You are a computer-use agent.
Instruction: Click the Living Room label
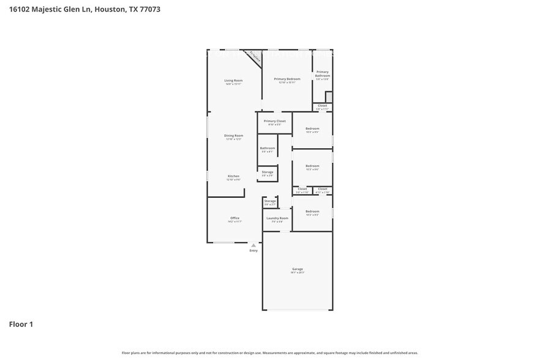(233, 81)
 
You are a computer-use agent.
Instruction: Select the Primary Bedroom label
(287, 79)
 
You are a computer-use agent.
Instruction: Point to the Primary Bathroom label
(323, 73)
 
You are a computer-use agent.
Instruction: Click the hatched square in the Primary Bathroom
(329, 97)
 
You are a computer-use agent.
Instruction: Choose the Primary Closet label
(275, 121)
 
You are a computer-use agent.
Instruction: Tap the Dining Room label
(233, 135)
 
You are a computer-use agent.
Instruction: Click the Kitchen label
(233, 176)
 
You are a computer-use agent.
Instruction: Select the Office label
(234, 218)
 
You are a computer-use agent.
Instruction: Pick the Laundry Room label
(277, 218)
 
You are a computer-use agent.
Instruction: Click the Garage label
(298, 269)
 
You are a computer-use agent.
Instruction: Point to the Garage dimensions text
(298, 272)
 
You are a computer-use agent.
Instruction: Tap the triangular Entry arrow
(253, 245)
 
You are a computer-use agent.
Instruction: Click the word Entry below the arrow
(253, 250)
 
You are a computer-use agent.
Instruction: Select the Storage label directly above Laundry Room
(270, 201)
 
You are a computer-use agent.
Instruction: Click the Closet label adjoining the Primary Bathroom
(322, 105)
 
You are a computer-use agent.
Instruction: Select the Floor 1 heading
(21, 324)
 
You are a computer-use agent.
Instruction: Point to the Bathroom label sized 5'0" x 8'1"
(268, 148)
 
